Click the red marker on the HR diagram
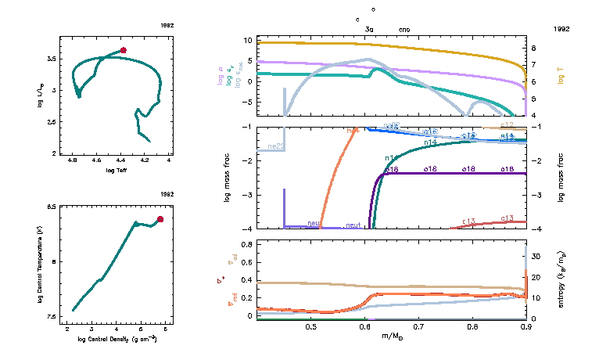[124, 50]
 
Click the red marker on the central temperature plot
[160, 219]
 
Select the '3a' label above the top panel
[370, 28]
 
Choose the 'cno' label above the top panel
[404, 28]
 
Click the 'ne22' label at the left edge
[275, 146]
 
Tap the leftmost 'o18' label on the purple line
[391, 169]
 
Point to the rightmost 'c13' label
[507, 218]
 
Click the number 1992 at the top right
[561, 28]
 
